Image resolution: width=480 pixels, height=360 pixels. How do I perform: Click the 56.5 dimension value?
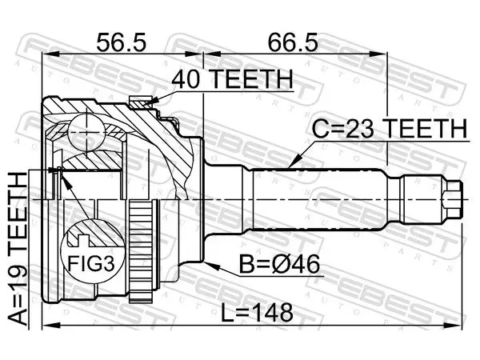click(122, 42)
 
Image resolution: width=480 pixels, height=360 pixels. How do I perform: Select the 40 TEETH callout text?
click(232, 79)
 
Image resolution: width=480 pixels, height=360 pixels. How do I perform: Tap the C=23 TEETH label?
click(390, 129)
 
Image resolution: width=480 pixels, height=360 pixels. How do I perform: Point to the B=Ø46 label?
click(279, 264)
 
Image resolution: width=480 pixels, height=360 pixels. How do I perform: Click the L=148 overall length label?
click(257, 313)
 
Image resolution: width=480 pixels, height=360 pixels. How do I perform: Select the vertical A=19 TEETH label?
click(18, 248)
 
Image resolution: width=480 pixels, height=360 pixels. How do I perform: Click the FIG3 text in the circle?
click(91, 263)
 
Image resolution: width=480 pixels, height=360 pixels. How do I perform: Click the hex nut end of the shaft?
click(452, 199)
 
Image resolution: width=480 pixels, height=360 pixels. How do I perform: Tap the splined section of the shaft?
click(318, 199)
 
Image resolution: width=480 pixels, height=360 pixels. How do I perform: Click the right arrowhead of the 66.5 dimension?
click(378, 54)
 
